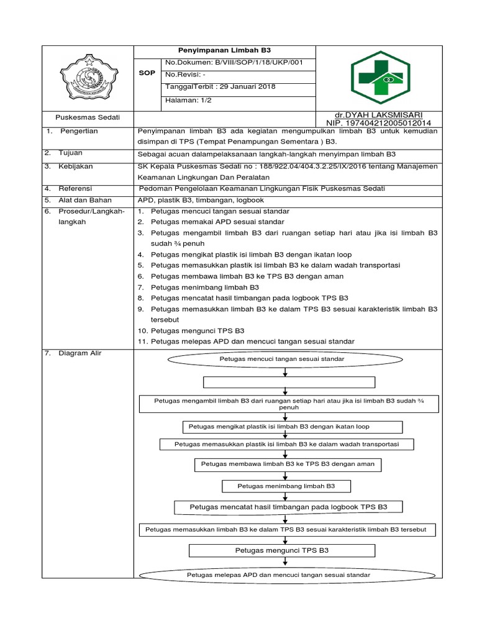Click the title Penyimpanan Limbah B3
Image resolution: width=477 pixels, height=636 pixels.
coord(225,50)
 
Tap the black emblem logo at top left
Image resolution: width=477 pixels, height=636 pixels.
coord(88,78)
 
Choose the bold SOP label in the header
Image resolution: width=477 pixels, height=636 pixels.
coord(147,73)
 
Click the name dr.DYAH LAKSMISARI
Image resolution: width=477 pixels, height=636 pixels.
coord(379,115)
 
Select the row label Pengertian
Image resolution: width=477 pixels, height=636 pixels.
coord(78,131)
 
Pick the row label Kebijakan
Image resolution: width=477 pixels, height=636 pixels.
coord(76,166)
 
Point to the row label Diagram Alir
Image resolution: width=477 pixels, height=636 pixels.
coord(80,353)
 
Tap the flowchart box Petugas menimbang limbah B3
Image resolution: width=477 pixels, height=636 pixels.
coord(286,486)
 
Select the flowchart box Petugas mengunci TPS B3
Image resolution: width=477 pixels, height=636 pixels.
coord(281,550)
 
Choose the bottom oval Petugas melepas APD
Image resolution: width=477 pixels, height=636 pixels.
coord(278,575)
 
